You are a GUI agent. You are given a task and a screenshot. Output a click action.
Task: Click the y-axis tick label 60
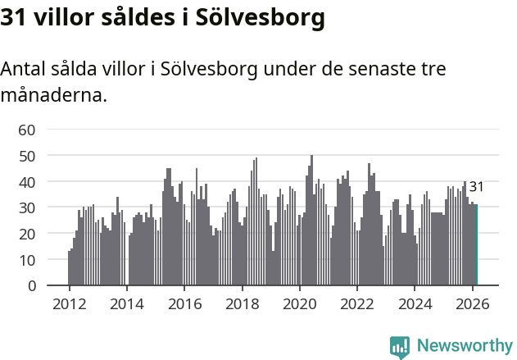click(x=27, y=130)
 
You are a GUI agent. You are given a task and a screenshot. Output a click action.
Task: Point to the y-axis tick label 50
click(x=27, y=156)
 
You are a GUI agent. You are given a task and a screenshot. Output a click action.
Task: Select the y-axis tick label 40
click(x=27, y=181)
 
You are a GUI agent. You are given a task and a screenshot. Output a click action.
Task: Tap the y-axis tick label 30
click(x=27, y=207)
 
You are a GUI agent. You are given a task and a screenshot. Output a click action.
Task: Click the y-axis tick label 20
click(x=27, y=234)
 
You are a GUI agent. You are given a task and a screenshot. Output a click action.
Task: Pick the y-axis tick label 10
click(x=27, y=260)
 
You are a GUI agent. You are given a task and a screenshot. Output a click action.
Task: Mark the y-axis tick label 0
click(x=31, y=286)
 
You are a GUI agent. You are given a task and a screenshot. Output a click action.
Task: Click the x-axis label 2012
click(x=69, y=303)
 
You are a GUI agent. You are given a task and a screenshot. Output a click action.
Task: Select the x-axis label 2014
click(x=126, y=303)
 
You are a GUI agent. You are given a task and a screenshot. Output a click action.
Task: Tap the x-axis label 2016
click(x=184, y=303)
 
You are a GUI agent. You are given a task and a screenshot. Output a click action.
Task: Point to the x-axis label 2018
click(x=242, y=303)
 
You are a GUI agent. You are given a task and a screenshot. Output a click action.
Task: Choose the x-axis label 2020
click(x=299, y=303)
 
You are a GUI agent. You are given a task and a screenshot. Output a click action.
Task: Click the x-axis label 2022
click(x=357, y=303)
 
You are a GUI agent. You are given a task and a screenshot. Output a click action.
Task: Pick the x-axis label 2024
click(x=415, y=303)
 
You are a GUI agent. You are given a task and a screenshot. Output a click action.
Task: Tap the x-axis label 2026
click(x=472, y=303)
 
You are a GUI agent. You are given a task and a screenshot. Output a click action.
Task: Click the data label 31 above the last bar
click(x=476, y=187)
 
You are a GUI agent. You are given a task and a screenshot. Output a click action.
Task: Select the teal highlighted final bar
click(x=476, y=245)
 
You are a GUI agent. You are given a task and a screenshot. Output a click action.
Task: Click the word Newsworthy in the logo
click(x=465, y=345)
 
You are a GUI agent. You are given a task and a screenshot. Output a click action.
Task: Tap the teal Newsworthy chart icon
click(x=400, y=346)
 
